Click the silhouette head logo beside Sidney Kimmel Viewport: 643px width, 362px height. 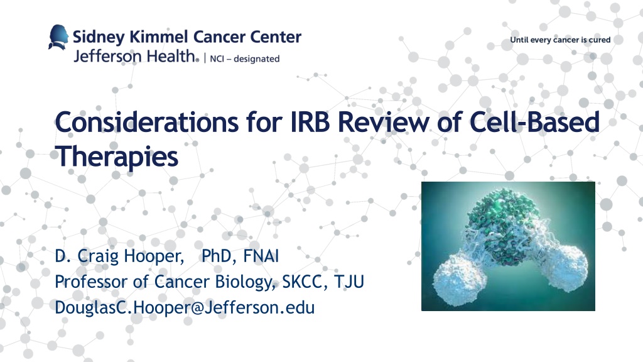[58, 37]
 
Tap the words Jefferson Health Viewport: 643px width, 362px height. [135, 56]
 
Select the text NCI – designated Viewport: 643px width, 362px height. [245, 58]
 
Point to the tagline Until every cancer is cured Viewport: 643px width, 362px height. [560, 40]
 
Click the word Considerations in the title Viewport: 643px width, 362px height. [146, 122]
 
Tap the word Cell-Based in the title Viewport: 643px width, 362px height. [534, 121]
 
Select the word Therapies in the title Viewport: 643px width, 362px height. [117, 156]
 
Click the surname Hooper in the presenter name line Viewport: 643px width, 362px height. [154, 256]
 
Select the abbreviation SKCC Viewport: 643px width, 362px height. [305, 282]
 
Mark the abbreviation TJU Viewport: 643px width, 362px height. [349, 282]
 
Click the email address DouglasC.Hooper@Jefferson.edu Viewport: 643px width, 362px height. [185, 307]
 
